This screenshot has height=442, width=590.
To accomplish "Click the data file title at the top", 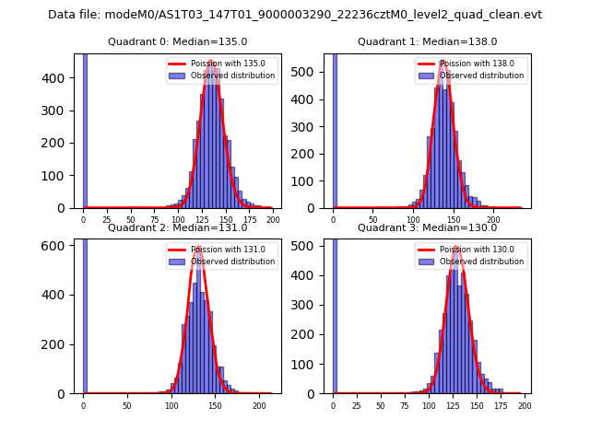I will tap(295, 15).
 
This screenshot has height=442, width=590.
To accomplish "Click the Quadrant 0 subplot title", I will tap(177, 41).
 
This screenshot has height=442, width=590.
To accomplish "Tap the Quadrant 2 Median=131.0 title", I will tap(177, 227).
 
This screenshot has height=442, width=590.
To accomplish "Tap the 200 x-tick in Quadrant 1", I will tap(493, 220).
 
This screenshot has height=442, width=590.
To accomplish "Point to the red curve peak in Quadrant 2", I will tap(197, 247).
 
